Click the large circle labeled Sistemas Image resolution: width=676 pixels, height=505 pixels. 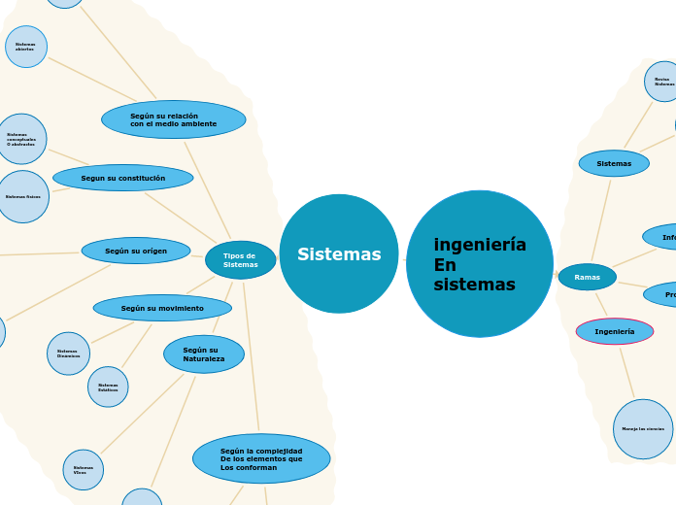point(339,253)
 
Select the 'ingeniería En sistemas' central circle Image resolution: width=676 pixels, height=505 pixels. point(480,264)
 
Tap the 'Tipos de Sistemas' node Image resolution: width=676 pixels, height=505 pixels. point(241,260)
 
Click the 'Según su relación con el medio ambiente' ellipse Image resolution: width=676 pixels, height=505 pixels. point(174,119)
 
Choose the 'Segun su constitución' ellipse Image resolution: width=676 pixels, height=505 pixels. point(123,178)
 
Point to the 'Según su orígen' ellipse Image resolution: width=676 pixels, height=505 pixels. point(136,251)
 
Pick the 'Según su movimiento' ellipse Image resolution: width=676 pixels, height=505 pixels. point(162,308)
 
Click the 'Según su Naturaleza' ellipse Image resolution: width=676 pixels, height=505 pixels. point(204,354)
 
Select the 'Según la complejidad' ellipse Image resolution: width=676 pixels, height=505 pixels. point(261,458)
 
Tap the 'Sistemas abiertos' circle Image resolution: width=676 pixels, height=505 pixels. point(26,47)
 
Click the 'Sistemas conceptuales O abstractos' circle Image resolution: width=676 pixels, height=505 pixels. point(21,139)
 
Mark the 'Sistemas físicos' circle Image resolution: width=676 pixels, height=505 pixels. point(23,196)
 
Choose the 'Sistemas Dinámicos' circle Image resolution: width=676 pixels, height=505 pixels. point(68,353)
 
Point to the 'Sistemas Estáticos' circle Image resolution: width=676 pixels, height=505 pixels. point(108,387)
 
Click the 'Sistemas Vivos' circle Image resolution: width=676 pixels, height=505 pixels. point(84,470)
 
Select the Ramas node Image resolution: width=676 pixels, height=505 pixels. point(588,277)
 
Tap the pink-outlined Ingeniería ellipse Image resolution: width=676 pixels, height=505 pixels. point(615,331)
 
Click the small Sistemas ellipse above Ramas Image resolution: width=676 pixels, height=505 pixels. point(614,163)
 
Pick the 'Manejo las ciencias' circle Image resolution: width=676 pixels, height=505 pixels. point(643,428)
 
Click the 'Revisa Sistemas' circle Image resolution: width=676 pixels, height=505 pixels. point(662,82)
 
